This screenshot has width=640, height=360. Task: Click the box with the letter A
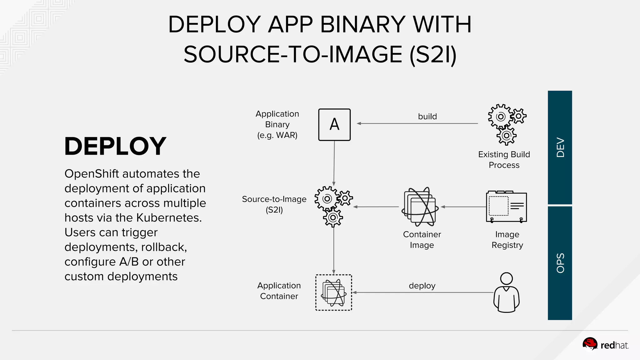[334, 125]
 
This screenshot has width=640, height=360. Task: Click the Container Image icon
[420, 207]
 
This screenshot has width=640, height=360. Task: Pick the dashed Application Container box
[334, 292]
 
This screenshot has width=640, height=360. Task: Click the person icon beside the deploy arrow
[506, 292]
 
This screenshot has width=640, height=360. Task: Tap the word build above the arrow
[427, 117]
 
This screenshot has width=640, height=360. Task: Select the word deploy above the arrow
[422, 286]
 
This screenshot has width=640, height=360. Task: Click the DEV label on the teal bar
[560, 147]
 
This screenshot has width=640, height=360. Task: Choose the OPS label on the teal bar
[560, 263]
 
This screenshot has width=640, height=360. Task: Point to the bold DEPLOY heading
[115, 146]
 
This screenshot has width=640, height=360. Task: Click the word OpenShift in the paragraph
[92, 174]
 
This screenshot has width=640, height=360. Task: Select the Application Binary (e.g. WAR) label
[277, 124]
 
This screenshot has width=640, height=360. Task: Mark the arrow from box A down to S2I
[334, 162]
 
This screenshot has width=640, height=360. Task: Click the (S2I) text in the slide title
[433, 54]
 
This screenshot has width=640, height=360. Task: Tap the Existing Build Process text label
[504, 160]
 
